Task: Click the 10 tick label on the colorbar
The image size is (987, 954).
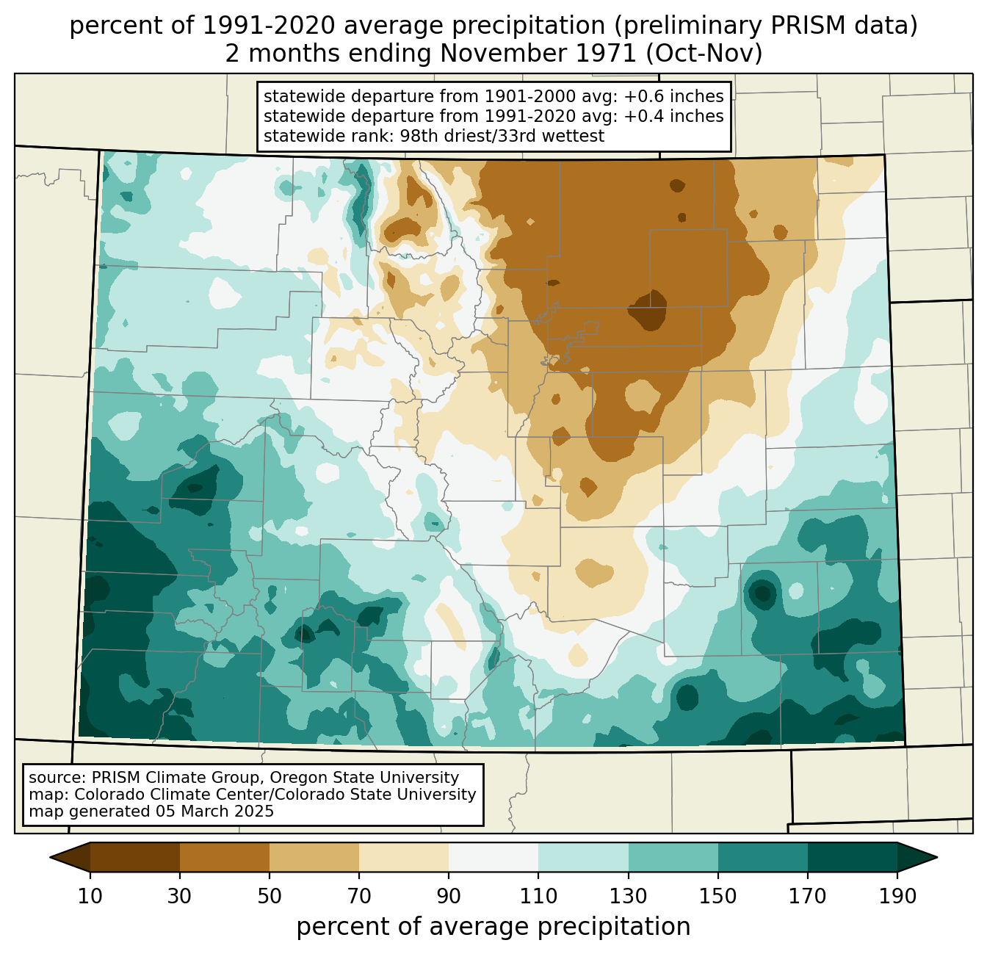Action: point(90,897)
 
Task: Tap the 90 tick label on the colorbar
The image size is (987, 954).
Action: point(449,897)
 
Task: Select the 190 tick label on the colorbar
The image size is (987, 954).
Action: point(897,897)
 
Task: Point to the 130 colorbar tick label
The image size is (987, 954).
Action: point(629,897)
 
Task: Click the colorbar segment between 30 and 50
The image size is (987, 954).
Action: point(225,857)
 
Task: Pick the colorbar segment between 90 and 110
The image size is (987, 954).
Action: point(493,857)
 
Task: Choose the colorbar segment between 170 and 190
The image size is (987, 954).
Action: point(853,857)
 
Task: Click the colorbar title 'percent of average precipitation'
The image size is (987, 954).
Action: point(493,927)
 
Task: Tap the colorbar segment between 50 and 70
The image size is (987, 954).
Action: point(314,857)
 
